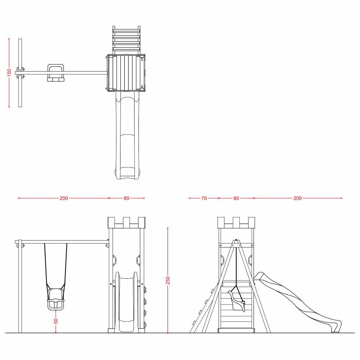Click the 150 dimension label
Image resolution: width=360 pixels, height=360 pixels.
pyautogui.click(x=9, y=73)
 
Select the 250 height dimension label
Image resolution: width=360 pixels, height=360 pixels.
pyautogui.click(x=168, y=280)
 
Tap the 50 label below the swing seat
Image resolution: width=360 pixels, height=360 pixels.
pyautogui.click(x=56, y=321)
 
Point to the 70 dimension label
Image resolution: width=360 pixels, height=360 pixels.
pyautogui.click(x=204, y=198)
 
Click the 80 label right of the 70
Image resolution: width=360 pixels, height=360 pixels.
pyautogui.click(x=236, y=198)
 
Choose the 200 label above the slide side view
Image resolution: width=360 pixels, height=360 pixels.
pyautogui.click(x=297, y=198)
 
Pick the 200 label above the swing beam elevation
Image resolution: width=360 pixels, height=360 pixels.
pyautogui.click(x=64, y=198)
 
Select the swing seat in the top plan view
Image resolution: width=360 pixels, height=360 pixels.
pyautogui.click(x=55, y=73)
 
